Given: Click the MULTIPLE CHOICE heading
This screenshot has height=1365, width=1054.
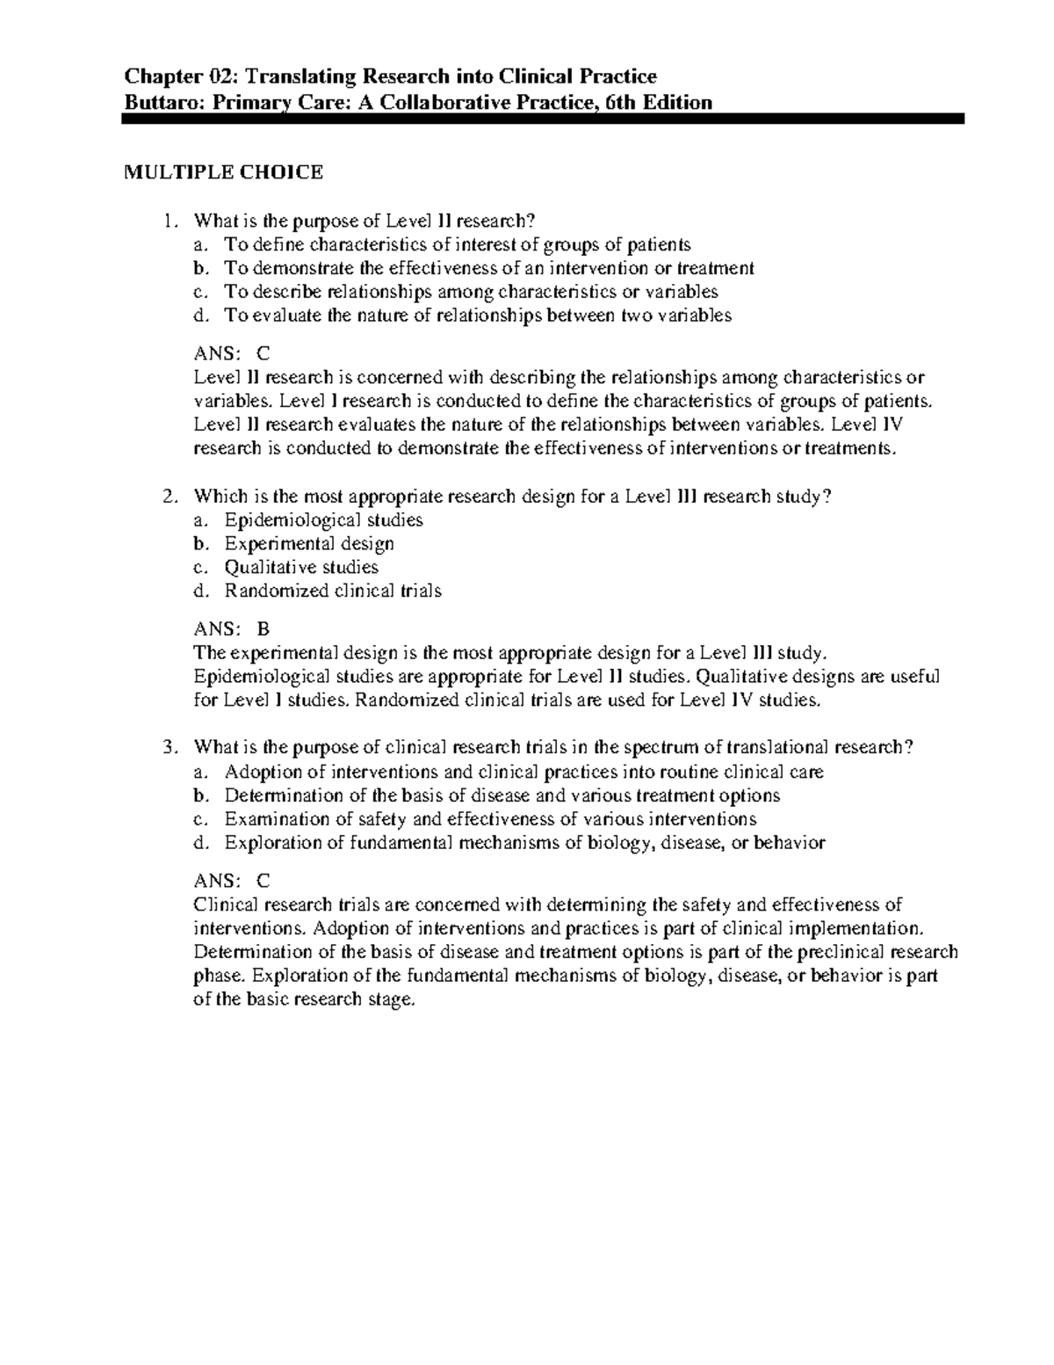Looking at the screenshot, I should coord(222,172).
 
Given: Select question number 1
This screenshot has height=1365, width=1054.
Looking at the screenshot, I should coord(170,221).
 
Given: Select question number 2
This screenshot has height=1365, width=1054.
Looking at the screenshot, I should coord(170,497).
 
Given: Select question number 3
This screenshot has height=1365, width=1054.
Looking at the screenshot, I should coord(170,748).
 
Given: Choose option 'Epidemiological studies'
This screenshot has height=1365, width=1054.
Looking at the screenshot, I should coord(323,520).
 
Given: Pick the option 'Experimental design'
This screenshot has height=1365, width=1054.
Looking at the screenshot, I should coord(309,544).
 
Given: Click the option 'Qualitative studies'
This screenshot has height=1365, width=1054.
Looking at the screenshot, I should coord(301,568).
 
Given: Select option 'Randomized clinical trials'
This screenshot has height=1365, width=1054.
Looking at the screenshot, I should coord(333,592).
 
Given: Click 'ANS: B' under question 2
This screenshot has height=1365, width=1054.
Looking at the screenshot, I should coord(231,629).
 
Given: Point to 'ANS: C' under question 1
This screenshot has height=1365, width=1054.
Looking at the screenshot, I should coord(231,353).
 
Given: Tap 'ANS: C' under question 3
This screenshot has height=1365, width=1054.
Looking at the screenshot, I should coord(231,881).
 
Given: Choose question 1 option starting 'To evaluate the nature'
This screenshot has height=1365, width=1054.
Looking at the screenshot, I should coord(478,316).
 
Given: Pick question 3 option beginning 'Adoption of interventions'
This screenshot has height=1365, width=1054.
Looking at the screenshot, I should coord(523,773).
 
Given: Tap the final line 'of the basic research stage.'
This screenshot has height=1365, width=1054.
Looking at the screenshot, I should coord(302,1000).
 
